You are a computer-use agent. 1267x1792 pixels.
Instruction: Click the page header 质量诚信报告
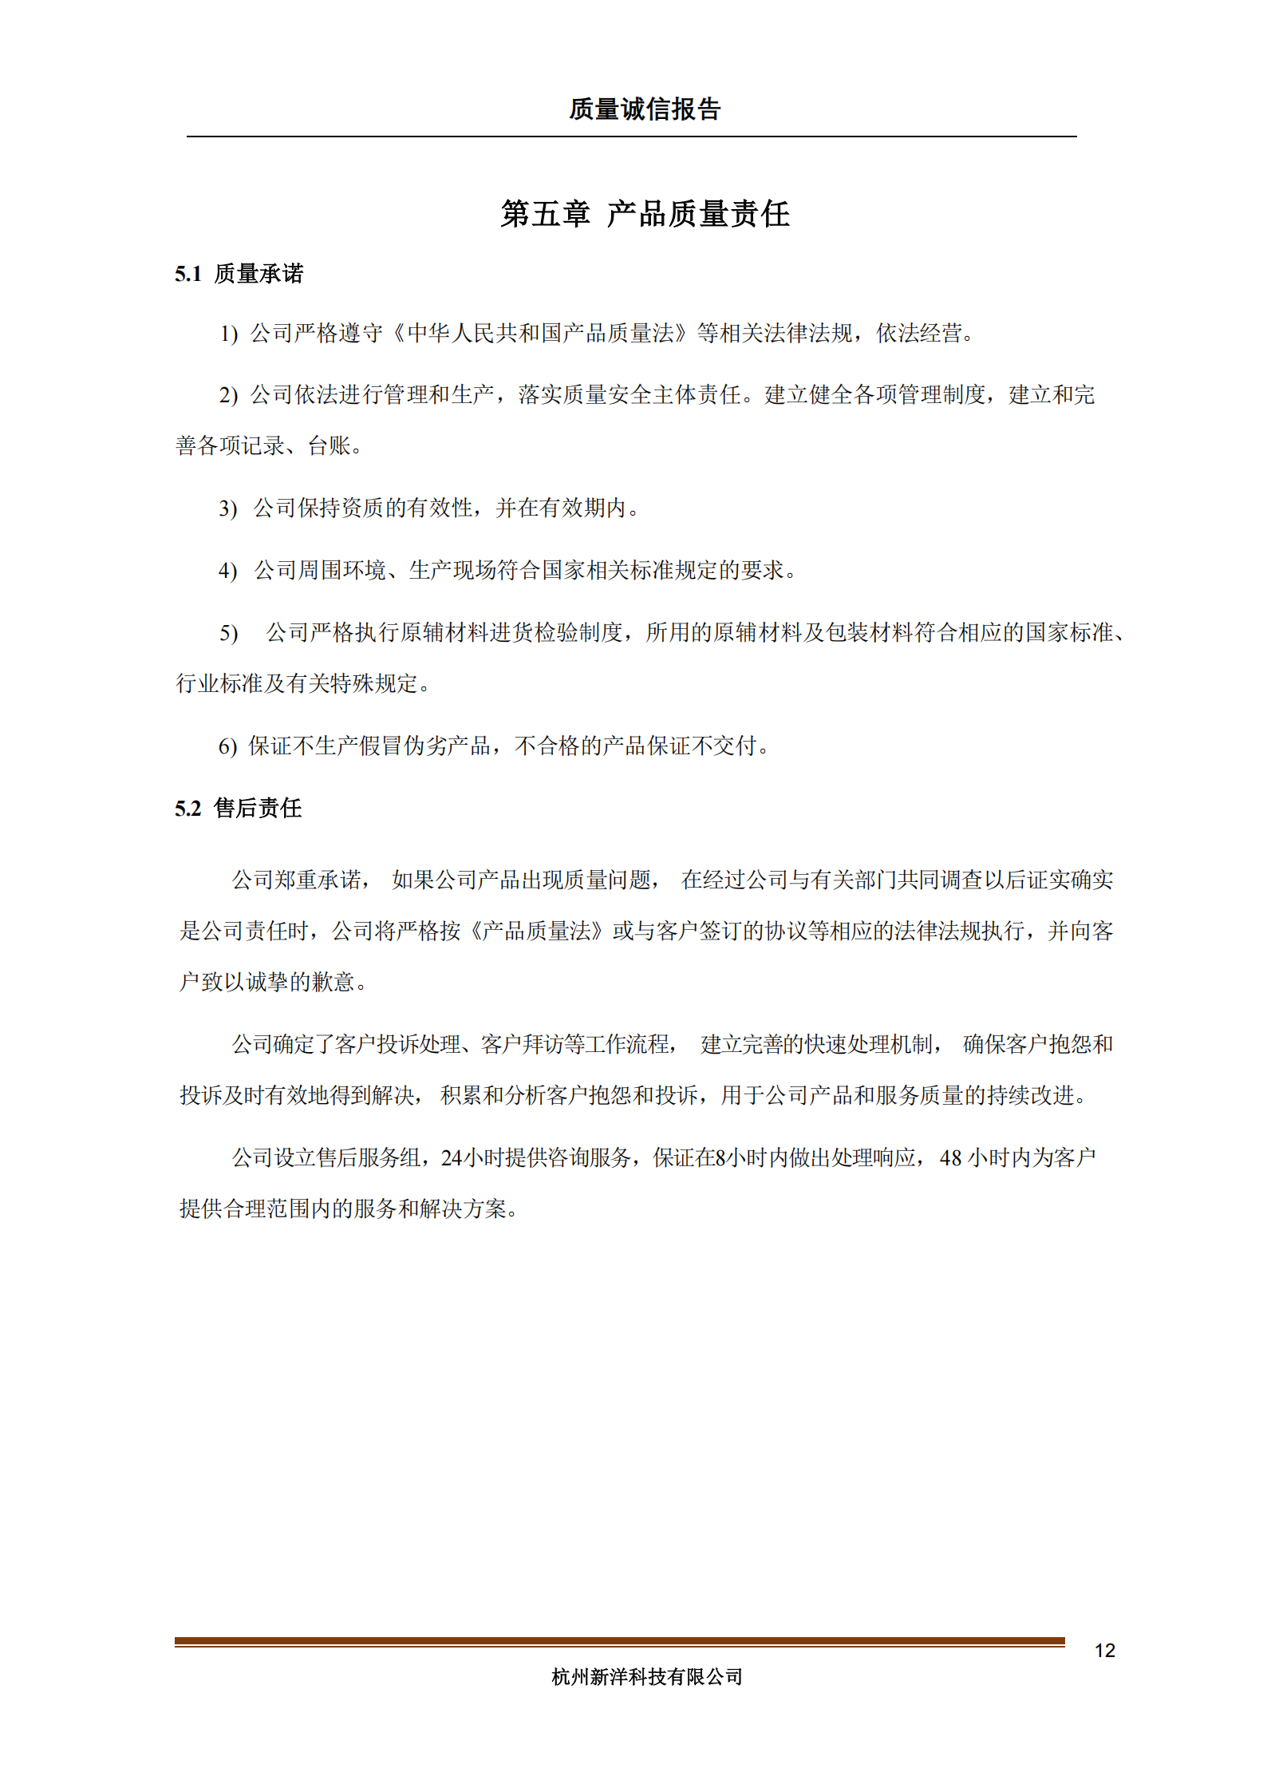[645, 109]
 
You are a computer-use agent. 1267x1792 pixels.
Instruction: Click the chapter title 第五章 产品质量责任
[645, 214]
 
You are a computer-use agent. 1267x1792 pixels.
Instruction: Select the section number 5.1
[188, 274]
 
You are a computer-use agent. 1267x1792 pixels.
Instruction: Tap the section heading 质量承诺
[259, 274]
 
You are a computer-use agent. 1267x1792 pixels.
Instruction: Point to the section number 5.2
[188, 809]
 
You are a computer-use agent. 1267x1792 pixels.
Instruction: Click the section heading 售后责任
[258, 809]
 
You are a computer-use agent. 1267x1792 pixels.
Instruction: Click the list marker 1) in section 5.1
[229, 334]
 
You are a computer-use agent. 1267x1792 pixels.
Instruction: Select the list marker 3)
[228, 508]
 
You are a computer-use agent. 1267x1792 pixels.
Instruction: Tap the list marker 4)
[228, 571]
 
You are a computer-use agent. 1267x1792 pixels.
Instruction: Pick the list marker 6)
[228, 746]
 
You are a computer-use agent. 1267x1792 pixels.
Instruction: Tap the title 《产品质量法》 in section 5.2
[536, 932]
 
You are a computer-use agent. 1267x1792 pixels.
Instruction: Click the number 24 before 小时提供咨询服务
[452, 1158]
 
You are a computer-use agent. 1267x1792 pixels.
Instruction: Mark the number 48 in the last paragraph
[950, 1158]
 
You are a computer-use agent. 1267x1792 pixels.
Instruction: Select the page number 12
[1104, 1651]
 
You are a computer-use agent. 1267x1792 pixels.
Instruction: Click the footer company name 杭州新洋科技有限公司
[646, 1677]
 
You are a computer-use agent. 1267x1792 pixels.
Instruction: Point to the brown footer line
[619, 1642]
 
